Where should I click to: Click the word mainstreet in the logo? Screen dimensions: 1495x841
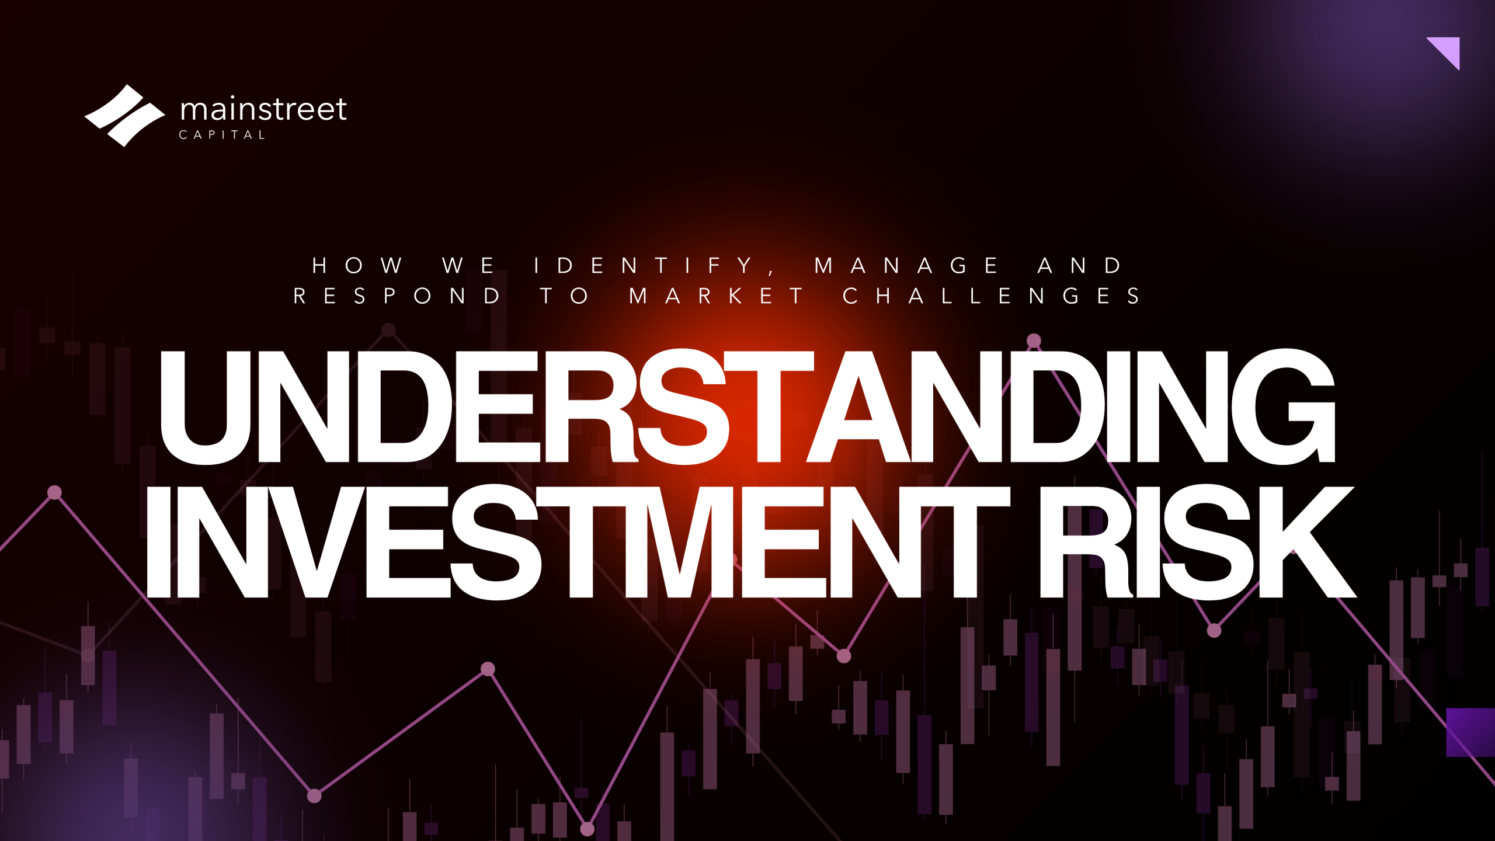point(263,109)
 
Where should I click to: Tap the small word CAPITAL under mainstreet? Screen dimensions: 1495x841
point(222,135)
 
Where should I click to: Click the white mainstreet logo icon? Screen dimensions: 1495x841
point(124,116)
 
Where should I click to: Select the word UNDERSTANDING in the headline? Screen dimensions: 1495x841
point(747,406)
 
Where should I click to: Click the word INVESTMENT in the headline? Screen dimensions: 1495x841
point(578,542)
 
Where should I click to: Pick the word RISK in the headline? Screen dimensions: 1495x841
point(1197,542)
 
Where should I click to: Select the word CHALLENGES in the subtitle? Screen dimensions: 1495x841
point(991,296)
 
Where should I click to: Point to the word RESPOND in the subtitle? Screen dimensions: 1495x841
point(397,296)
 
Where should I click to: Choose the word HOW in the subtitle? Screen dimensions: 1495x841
point(357,266)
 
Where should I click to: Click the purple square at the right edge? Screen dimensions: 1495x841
point(1470,732)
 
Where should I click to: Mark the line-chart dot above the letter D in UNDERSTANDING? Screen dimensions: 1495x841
point(1034,340)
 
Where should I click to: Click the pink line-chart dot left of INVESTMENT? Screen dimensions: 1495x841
point(54,493)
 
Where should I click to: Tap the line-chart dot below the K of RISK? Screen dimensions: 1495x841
point(1214,631)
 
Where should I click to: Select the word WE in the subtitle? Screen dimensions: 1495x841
point(468,266)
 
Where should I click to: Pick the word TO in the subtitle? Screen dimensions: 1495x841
point(564,296)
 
